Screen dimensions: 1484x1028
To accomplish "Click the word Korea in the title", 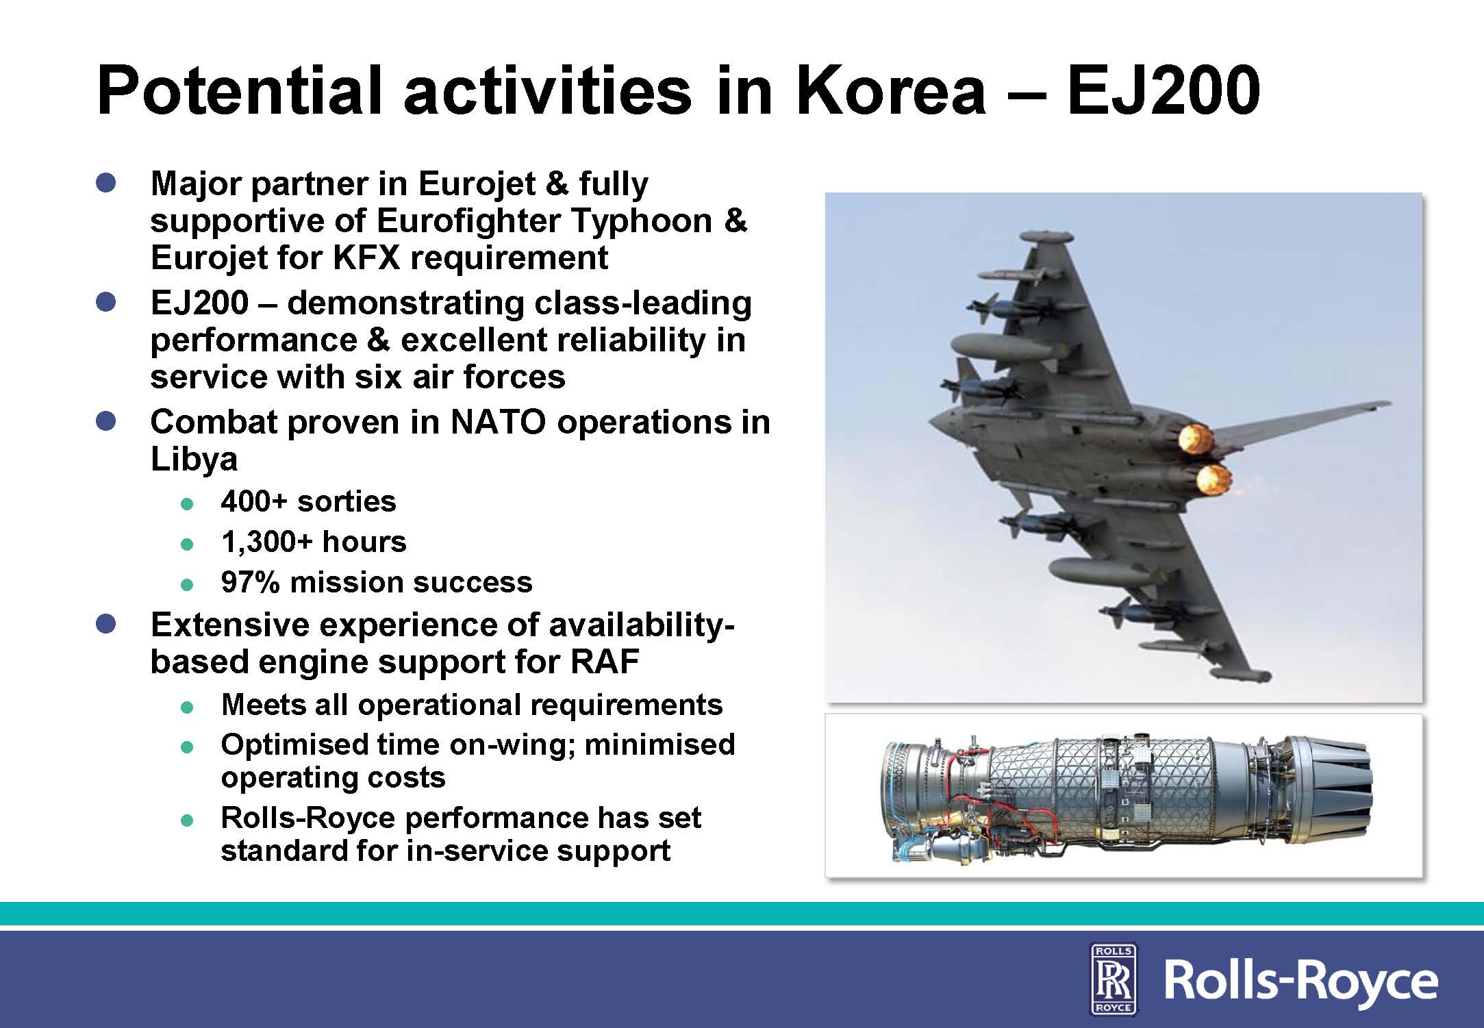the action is tap(890, 91).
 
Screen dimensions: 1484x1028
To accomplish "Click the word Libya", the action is tap(194, 460).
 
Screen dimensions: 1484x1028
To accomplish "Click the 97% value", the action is tap(250, 582).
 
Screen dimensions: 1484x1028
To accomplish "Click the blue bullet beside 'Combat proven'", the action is tap(106, 421).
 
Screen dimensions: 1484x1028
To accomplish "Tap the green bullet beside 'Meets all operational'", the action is tap(187, 707).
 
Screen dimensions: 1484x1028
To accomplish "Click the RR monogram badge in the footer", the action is tap(1114, 977).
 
